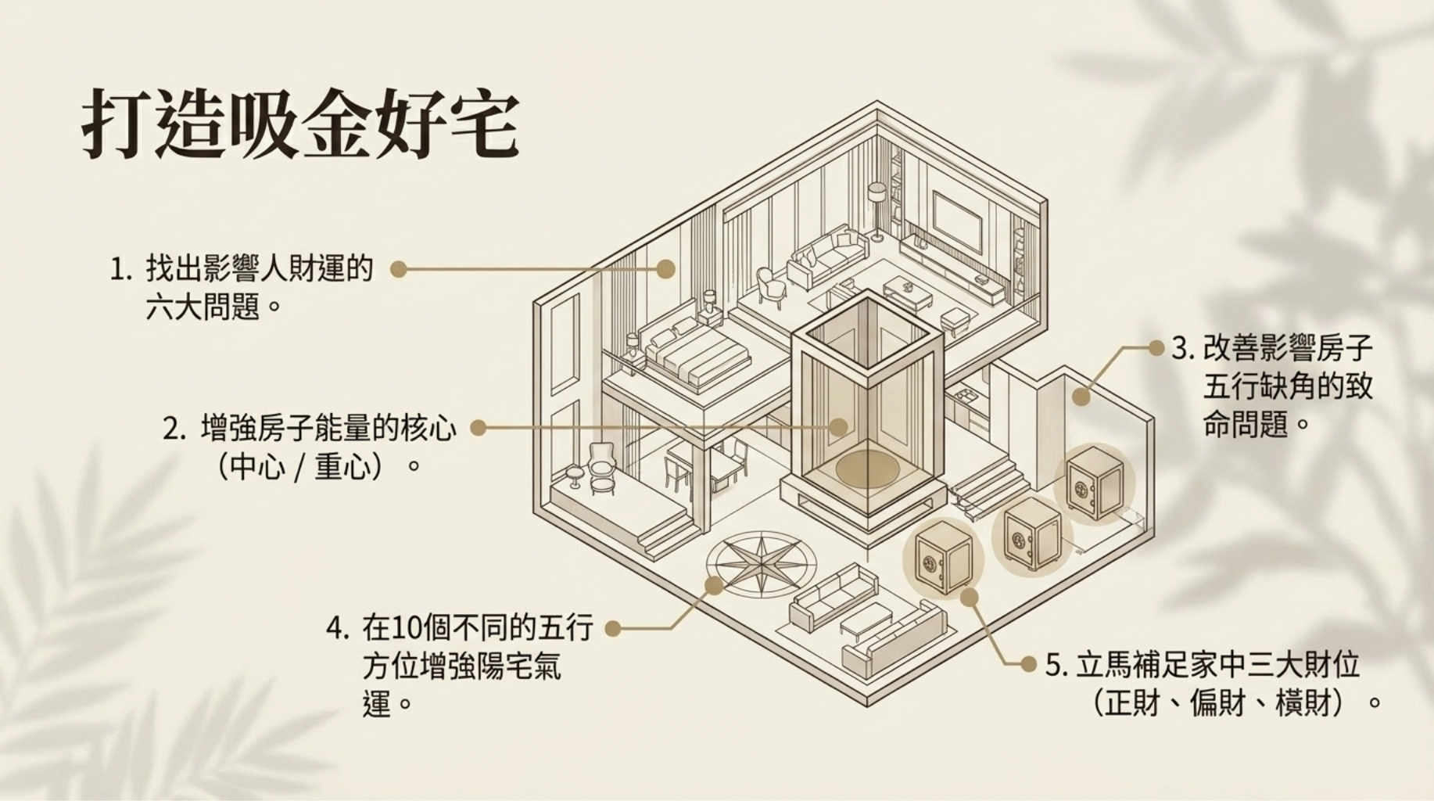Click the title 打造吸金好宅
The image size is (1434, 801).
300,125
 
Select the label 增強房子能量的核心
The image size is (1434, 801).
328,429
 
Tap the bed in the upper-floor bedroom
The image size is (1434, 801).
696,352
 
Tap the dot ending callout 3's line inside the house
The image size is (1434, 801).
1081,397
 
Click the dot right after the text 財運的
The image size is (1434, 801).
400,269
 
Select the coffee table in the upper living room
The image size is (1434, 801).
909,290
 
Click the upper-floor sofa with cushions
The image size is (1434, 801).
826,254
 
